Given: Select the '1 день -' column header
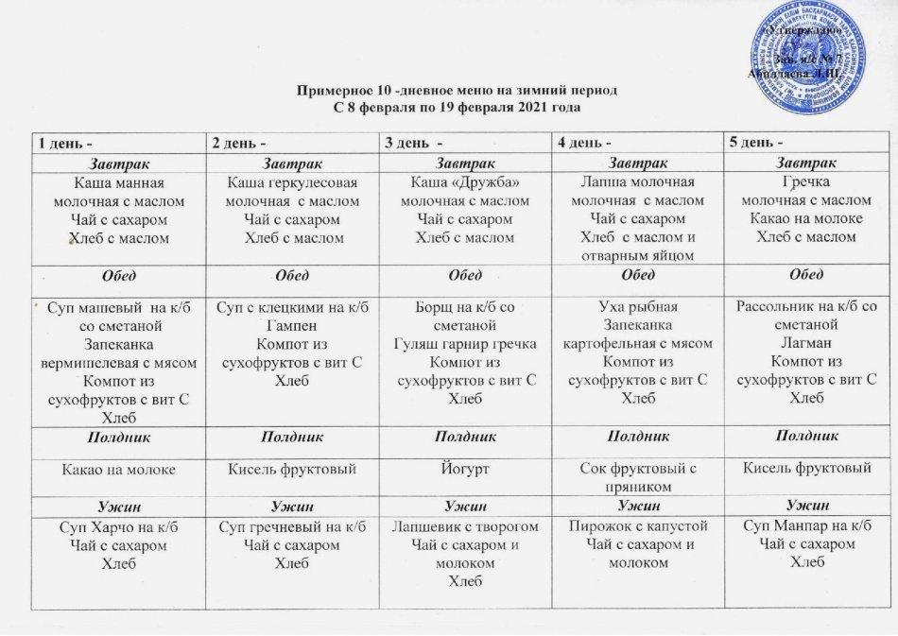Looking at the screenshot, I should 65,143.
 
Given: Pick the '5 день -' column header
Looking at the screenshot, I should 758,143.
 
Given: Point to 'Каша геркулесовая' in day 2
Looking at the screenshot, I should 294,183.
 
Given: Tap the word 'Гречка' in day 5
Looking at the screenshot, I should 806,183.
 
